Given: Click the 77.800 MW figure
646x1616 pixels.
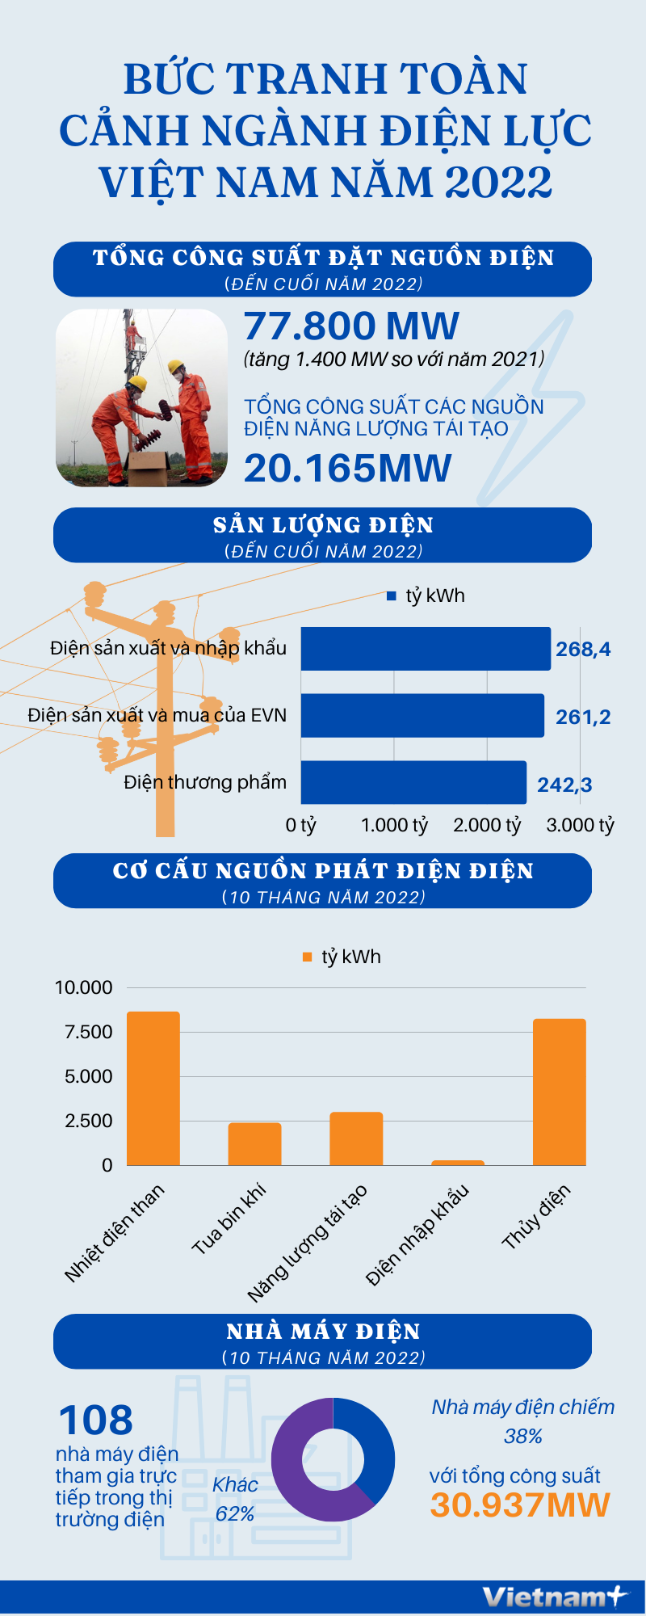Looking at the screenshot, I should click(x=351, y=326).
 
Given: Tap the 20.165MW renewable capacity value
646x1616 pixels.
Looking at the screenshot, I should click(x=347, y=469).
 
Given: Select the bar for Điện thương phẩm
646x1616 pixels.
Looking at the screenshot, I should click(x=413, y=782).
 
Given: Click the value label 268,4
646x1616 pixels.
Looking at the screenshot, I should click(x=583, y=649).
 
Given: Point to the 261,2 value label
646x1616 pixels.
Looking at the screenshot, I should click(x=583, y=717).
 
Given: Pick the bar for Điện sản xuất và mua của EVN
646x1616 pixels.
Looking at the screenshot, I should click(x=422, y=715).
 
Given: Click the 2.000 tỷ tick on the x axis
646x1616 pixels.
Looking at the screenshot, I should click(x=487, y=825).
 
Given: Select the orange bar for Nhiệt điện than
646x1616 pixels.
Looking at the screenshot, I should click(x=153, y=1088).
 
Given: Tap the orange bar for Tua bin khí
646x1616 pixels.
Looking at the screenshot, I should click(x=254, y=1143).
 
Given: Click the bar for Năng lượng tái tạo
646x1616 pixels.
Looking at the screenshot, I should click(x=356, y=1138).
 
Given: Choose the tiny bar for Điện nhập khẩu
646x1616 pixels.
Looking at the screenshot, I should click(x=458, y=1163).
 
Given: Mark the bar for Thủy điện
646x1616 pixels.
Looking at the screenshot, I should click(x=559, y=1092).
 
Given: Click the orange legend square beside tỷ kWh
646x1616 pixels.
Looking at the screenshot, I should click(x=307, y=957).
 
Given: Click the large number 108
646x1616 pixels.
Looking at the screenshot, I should click(x=95, y=1420).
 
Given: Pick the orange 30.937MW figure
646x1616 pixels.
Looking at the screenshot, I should click(x=519, y=1504).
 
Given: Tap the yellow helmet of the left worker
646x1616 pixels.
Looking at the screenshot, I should click(x=138, y=382).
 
